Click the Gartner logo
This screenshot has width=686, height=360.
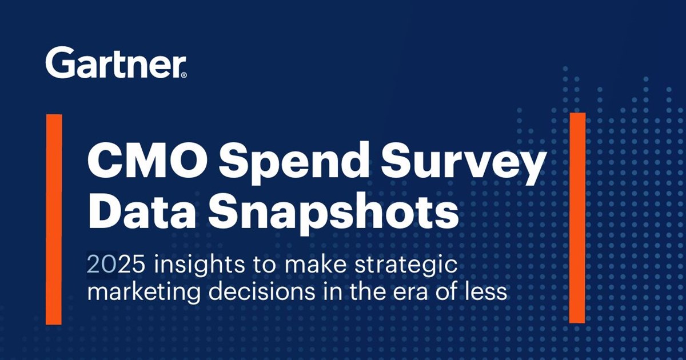(116, 62)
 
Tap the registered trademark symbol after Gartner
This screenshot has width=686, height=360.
(184, 75)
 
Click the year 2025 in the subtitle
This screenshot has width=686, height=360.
(115, 265)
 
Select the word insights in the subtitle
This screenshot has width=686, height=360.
(199, 265)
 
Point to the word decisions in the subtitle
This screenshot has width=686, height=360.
(261, 291)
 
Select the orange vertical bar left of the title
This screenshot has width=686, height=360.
(54, 219)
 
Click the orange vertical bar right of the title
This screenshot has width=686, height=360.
(577, 218)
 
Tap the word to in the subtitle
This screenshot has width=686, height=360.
(264, 265)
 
